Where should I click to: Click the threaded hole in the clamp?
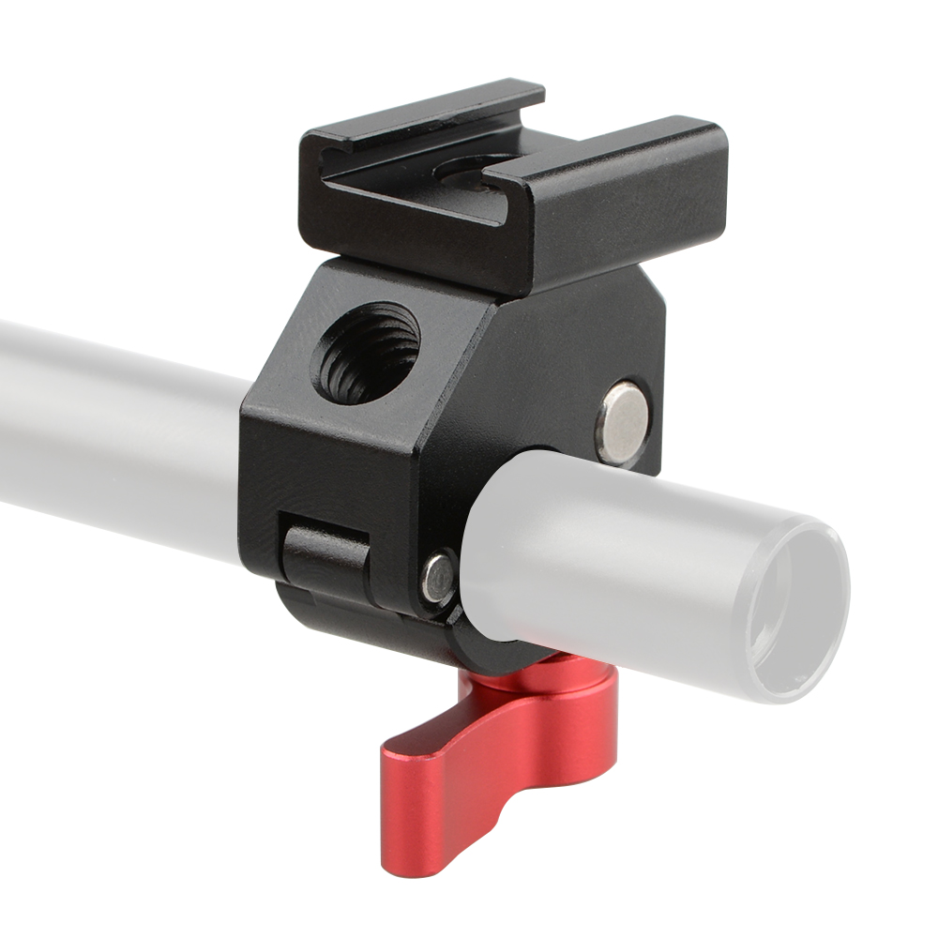pos(368,352)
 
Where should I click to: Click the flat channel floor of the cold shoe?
pos(413,183)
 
